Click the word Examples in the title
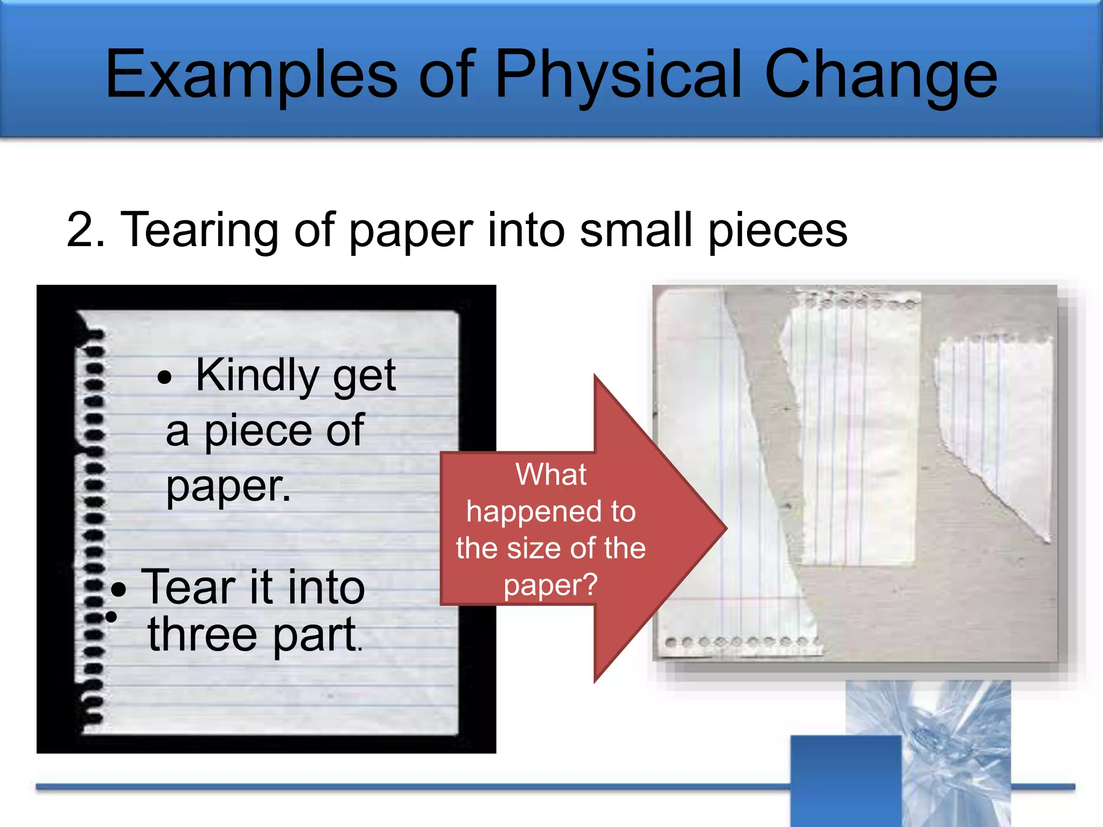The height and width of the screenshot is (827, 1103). point(251,75)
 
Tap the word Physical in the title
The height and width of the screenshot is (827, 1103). point(617,75)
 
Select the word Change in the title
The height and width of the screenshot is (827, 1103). point(881,75)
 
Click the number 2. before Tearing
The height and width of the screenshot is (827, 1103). point(86,230)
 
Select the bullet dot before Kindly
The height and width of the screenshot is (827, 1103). point(164,378)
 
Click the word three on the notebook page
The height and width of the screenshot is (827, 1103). point(203,635)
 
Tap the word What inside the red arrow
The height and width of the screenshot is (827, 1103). point(550,475)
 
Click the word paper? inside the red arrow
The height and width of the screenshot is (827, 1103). point(550,586)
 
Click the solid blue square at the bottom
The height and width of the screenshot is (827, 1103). point(846,781)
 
